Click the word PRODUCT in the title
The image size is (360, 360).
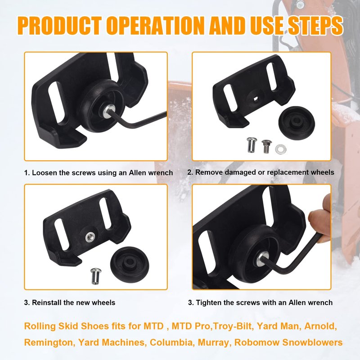click(x=59, y=25)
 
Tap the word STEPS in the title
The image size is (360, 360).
click(x=315, y=25)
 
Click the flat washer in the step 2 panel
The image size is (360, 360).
click(x=280, y=149)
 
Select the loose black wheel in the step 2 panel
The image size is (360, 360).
click(x=297, y=122)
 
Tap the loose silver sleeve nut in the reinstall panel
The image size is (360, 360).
click(x=95, y=276)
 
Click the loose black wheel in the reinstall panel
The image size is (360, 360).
click(x=130, y=263)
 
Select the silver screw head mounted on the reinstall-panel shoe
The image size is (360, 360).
click(x=89, y=237)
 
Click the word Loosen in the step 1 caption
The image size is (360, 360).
click(x=44, y=173)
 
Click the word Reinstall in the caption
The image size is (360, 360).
click(x=47, y=302)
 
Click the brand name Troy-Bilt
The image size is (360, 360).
click(x=233, y=326)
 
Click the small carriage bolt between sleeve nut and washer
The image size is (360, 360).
click(x=266, y=146)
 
